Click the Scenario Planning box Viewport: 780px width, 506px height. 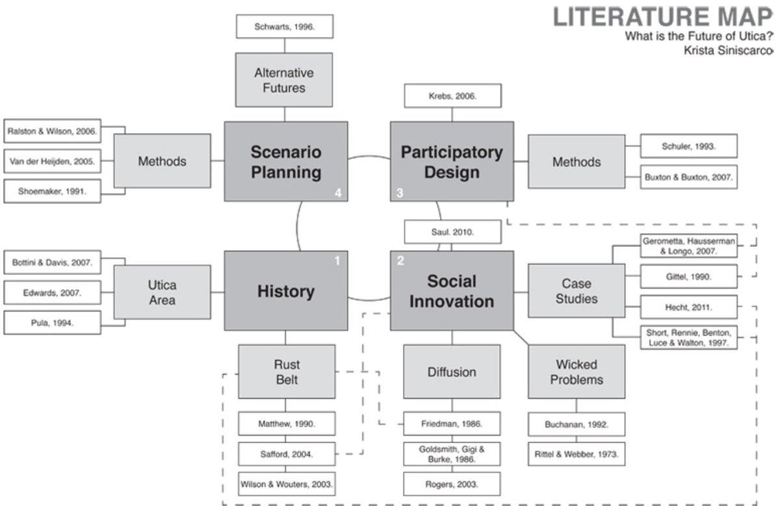pos(285,161)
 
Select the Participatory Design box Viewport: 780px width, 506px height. pos(452,161)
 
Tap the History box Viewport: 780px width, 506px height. pos(285,291)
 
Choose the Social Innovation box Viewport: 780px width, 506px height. pos(452,291)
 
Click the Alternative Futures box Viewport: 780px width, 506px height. pos(284,80)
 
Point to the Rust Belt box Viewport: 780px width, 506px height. pos(287,372)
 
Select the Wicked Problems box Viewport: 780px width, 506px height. pos(577,372)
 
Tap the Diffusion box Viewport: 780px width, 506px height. pos(452,372)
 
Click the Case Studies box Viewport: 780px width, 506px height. pos(577,291)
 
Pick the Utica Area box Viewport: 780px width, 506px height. pos(162,292)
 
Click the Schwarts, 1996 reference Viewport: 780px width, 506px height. pos(284,27)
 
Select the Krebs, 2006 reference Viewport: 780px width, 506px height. pos(452,95)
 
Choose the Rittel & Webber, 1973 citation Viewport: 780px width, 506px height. pos(577,454)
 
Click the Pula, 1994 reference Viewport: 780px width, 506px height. pos(52,322)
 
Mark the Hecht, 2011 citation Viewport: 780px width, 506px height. pos(689,306)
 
